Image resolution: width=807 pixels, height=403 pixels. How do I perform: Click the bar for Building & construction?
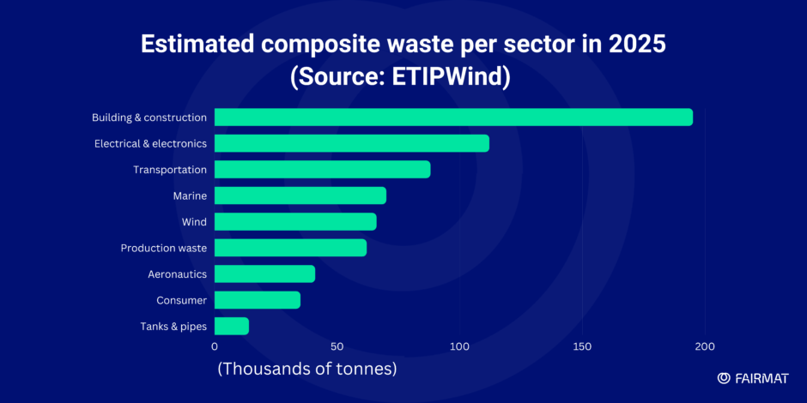pyautogui.click(x=453, y=117)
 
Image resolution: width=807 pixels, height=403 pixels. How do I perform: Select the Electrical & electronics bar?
pyautogui.click(x=351, y=143)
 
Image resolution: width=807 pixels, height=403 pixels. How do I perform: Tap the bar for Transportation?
pyautogui.click(x=322, y=170)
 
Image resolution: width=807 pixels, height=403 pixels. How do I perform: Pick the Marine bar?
pyautogui.click(x=300, y=195)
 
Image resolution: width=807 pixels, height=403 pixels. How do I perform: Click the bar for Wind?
pyautogui.click(x=295, y=222)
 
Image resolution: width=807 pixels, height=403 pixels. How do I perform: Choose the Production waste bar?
pyautogui.click(x=290, y=248)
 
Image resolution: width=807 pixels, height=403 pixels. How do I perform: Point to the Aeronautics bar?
pyautogui.click(x=264, y=274)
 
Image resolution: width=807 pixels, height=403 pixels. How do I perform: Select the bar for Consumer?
pyautogui.click(x=257, y=300)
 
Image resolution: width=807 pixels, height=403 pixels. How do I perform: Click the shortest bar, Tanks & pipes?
pyautogui.click(x=231, y=326)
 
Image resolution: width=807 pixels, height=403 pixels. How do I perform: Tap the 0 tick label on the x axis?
pyautogui.click(x=215, y=346)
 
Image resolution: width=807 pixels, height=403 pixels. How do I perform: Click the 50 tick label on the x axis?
pyautogui.click(x=337, y=346)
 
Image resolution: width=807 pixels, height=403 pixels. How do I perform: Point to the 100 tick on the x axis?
pyautogui.click(x=459, y=346)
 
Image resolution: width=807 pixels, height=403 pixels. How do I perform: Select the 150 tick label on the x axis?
pyautogui.click(x=582, y=346)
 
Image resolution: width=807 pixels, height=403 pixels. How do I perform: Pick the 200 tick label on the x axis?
pyautogui.click(x=705, y=346)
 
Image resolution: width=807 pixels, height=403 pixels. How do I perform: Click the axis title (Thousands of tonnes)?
pyautogui.click(x=306, y=370)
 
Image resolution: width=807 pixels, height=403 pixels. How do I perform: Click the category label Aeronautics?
pyautogui.click(x=177, y=274)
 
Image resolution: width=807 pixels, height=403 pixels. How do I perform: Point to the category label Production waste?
pyautogui.click(x=163, y=248)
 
